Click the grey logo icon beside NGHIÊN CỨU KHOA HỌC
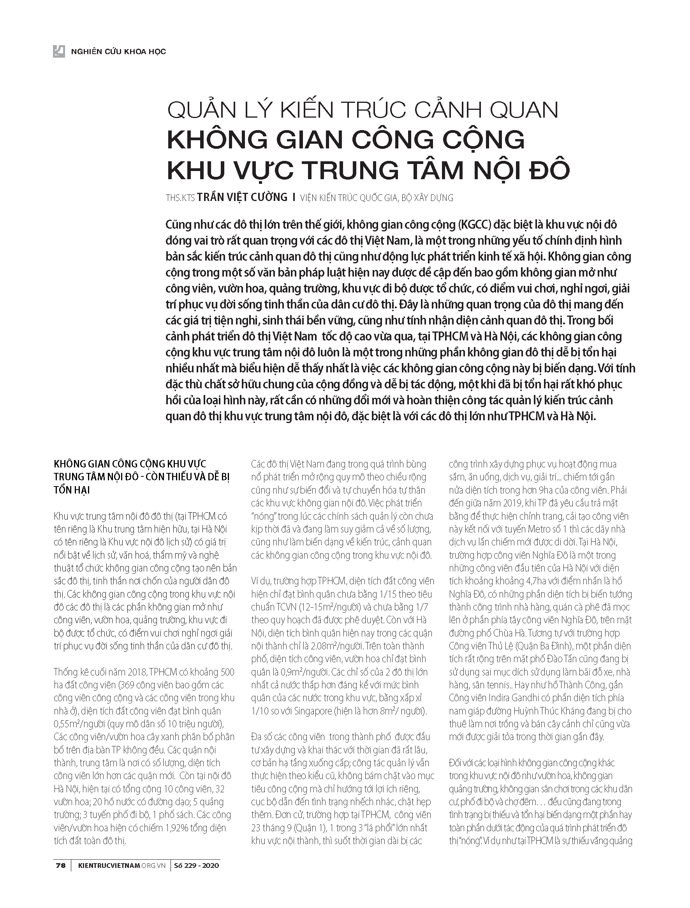tap(59, 51)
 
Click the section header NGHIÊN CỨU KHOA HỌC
tap(118, 52)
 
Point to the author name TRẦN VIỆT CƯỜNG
tap(242, 197)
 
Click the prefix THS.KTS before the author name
tap(180, 198)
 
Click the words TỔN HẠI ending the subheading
tap(72, 490)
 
